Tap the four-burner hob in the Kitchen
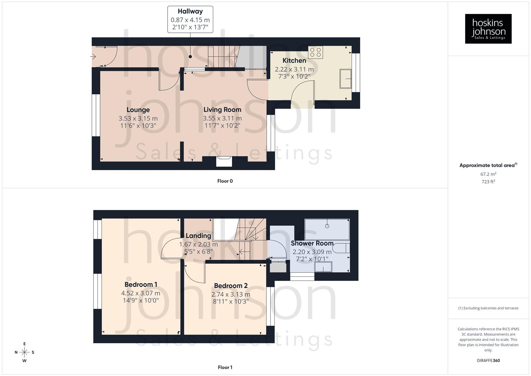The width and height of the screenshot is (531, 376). coord(315,52)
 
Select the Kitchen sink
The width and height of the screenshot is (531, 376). coord(346,79)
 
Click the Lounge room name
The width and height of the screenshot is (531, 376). coord(138,110)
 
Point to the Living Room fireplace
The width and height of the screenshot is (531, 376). coord(224,162)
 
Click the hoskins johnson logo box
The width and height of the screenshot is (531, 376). coord(488,29)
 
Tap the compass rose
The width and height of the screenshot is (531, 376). coord(24,352)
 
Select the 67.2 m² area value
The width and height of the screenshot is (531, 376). coord(488,174)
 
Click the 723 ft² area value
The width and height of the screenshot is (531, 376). coord(488,182)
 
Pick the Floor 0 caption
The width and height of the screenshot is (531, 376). coord(225,181)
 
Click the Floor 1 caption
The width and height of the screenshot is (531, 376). coord(225,367)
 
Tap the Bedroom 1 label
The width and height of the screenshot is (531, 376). coord(141,285)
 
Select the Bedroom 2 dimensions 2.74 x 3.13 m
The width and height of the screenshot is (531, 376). coord(231,294)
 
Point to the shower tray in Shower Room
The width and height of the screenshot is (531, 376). coord(327,229)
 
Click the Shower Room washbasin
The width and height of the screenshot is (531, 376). coord(323,267)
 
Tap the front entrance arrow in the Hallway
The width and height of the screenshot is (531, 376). coord(94,56)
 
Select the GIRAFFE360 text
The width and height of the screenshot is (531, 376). coord(488,361)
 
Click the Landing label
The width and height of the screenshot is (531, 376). coord(198,236)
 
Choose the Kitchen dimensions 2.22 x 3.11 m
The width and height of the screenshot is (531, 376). coord(294,69)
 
